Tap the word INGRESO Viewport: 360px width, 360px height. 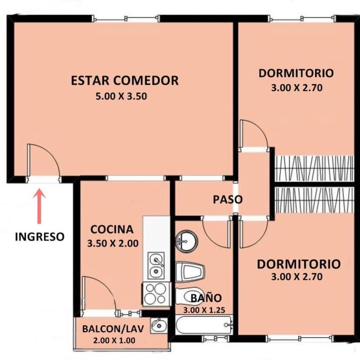click(40, 237)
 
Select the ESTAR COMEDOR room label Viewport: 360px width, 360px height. click(125, 80)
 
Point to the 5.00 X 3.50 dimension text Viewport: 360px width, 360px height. click(121, 97)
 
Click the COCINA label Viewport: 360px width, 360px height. click(112, 229)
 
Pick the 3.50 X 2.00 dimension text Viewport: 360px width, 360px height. click(113, 243)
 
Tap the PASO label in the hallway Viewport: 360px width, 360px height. click(227, 200)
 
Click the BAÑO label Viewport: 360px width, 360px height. click(206, 298)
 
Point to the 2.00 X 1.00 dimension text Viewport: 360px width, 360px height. click(114, 340)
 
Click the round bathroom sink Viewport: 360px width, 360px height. click(187, 241)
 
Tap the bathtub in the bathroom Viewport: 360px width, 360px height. click(203, 325)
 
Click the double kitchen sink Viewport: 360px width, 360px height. click(156, 266)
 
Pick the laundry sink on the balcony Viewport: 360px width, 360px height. click(159, 325)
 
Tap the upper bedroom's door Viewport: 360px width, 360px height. click(253, 135)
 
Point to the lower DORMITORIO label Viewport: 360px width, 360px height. click(298, 264)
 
